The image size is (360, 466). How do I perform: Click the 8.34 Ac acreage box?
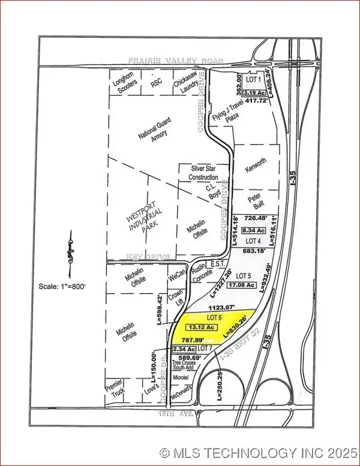[251, 230]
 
